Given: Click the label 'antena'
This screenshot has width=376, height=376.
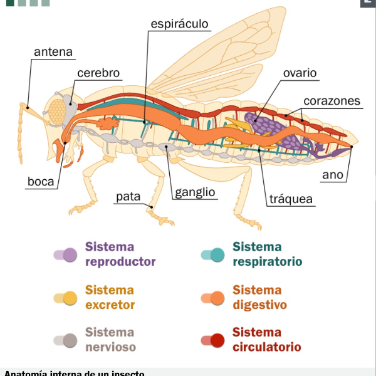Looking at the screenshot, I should pyautogui.click(x=53, y=52).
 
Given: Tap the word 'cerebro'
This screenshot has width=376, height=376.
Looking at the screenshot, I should pyautogui.click(x=98, y=73).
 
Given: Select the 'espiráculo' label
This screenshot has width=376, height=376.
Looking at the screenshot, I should pyautogui.click(x=179, y=24).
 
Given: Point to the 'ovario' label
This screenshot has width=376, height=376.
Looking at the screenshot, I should pyautogui.click(x=300, y=73).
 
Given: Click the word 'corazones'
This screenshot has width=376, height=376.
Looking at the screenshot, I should pyautogui.click(x=332, y=101).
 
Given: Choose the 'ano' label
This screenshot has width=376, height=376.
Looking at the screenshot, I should pyautogui.click(x=333, y=175).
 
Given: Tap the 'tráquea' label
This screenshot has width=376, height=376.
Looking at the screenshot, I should pyautogui.click(x=291, y=200).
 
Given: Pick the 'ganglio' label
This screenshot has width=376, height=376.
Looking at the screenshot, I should pyautogui.click(x=195, y=192).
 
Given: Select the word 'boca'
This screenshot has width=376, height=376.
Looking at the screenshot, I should pyautogui.click(x=40, y=182).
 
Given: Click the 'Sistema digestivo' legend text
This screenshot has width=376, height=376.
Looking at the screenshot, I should pyautogui.click(x=259, y=298).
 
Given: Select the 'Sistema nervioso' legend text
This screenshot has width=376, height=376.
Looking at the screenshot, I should pyautogui.click(x=110, y=339).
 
